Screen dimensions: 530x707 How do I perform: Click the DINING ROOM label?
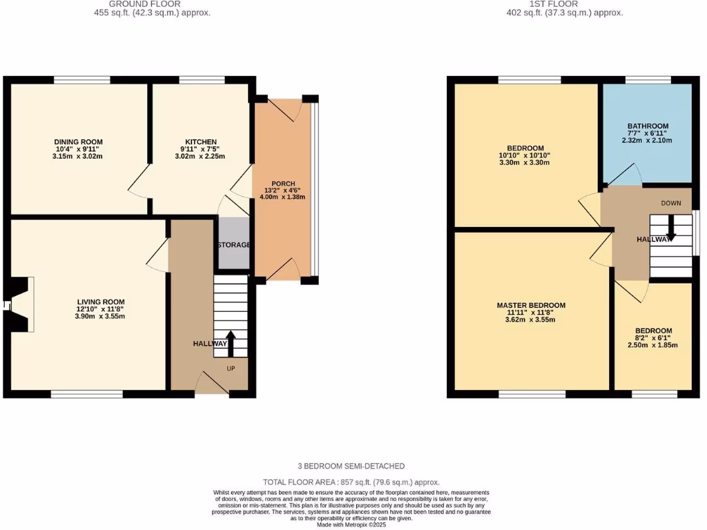78,142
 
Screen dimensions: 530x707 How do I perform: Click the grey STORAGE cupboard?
233,245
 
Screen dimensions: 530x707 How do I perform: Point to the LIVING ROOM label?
100,302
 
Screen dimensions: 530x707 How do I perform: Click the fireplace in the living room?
19,305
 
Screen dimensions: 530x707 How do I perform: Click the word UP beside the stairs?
231,369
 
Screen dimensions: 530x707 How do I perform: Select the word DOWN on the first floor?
671,204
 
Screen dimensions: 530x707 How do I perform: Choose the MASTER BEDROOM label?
531,306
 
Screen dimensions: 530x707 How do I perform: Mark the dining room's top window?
82,80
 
